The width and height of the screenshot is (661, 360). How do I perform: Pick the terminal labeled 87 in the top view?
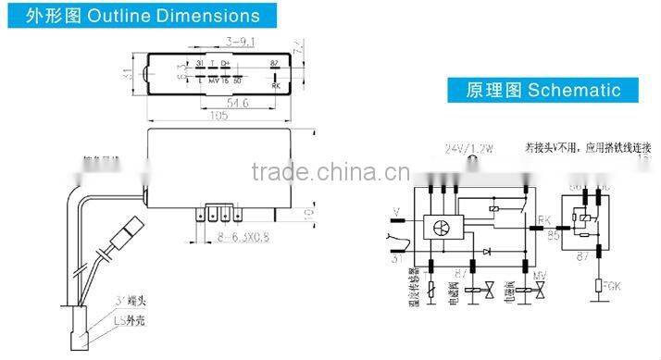(x=274, y=63)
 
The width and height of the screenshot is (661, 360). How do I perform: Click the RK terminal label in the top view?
(x=276, y=84)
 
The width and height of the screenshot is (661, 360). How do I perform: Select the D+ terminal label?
(x=226, y=63)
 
